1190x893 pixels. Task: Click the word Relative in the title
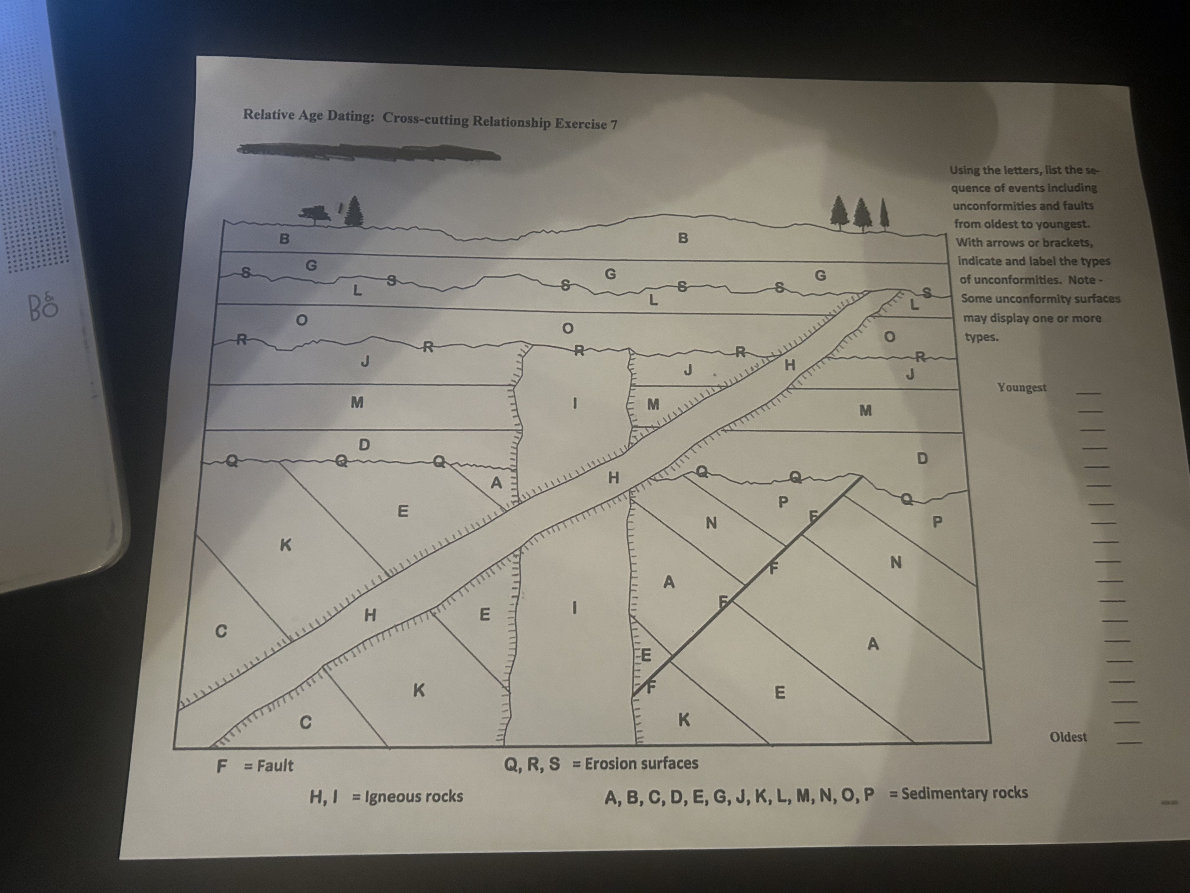267,115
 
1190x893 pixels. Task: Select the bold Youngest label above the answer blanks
1021,387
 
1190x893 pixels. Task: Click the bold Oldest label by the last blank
1068,737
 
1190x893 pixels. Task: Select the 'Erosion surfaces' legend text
641,763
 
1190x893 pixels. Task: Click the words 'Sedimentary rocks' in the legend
965,793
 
